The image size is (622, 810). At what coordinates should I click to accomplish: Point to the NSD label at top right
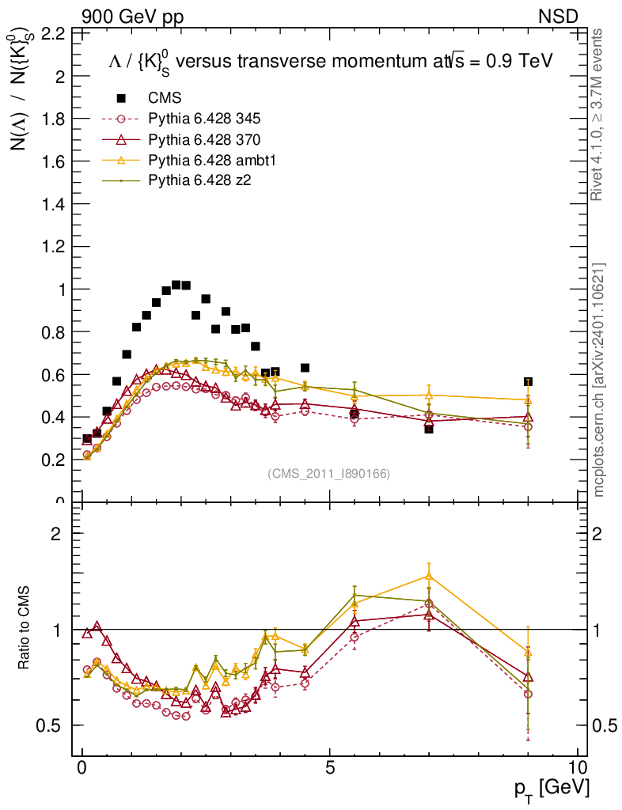[x=559, y=16]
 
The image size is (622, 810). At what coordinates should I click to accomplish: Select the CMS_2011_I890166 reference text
[x=328, y=473]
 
